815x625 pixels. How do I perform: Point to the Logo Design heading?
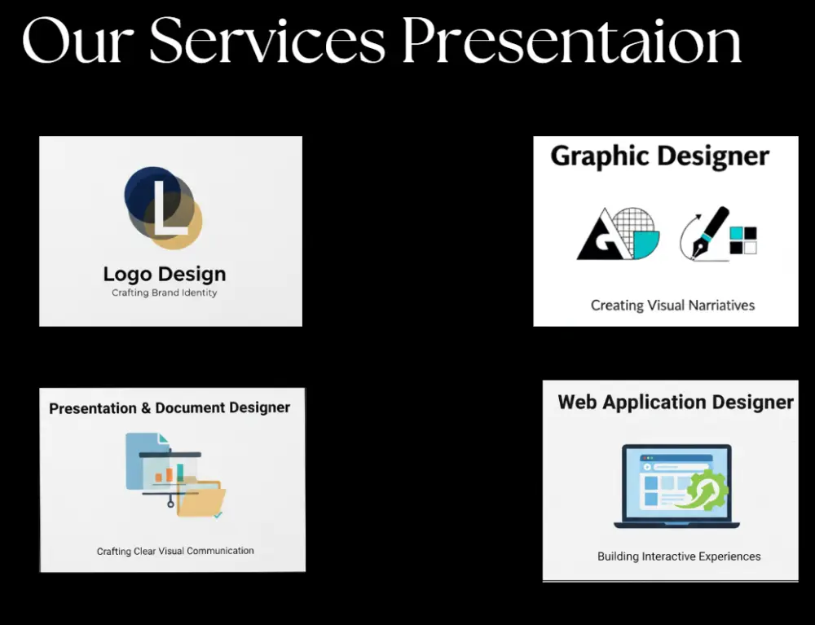[165, 275]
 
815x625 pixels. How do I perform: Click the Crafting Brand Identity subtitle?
[165, 293]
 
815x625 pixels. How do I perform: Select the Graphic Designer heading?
[659, 156]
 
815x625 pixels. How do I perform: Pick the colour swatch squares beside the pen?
[743, 240]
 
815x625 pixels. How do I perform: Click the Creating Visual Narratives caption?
[672, 306]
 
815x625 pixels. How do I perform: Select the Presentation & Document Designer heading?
[170, 407]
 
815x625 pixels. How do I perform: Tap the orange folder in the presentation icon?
[200, 499]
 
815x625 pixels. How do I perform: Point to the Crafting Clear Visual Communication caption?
[175, 551]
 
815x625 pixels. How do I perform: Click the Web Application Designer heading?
[676, 402]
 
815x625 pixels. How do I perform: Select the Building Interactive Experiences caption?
[679, 557]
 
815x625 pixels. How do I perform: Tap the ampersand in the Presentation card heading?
[146, 408]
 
